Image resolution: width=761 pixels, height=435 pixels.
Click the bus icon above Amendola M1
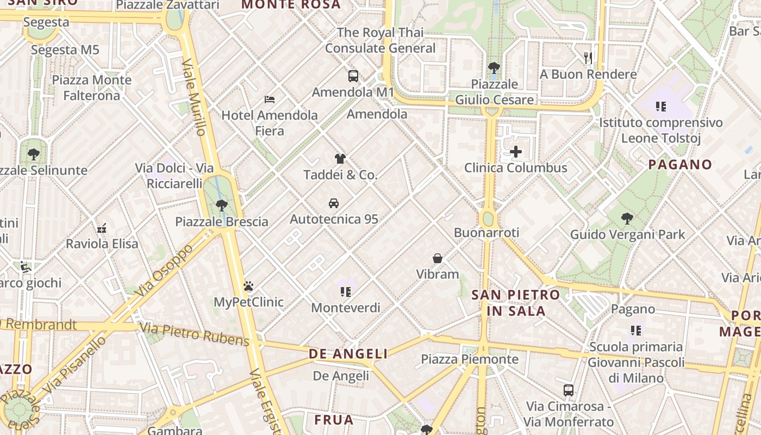[353, 76]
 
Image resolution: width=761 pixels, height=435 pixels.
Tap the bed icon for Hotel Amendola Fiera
[270, 99]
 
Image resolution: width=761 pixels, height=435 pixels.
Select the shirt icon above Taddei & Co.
[340, 159]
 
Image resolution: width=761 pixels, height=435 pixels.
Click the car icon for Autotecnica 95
[334, 203]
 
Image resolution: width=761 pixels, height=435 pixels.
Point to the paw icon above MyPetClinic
[249, 286]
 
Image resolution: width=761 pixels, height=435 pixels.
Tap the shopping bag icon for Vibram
[438, 258]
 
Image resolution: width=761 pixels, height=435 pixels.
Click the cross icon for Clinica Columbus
[516, 152]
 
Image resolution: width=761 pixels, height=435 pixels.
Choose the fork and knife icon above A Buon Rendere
[588, 58]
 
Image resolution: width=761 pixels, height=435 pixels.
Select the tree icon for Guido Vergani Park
[627, 219]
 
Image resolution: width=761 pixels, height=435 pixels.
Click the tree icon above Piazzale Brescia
[221, 206]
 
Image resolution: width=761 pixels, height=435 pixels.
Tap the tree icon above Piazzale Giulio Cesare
[494, 68]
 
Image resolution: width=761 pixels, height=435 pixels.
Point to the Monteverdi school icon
[346, 292]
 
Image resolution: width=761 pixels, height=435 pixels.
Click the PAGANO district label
[680, 165]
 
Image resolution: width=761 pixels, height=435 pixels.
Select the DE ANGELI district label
[348, 354]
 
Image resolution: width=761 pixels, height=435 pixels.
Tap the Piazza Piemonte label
[470, 359]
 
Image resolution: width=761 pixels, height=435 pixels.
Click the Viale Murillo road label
[194, 98]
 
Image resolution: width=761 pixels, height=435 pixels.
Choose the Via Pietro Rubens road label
[194, 334]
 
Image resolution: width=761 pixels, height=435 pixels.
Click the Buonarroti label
[486, 233]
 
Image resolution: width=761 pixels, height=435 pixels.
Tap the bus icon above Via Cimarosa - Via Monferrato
[569, 390]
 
